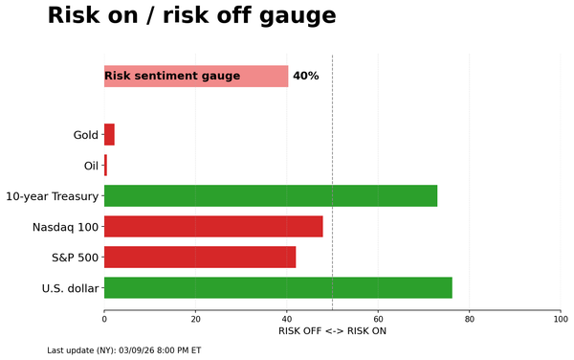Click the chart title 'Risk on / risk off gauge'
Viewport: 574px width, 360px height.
pos(191,16)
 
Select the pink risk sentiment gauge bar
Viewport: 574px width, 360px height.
pos(196,76)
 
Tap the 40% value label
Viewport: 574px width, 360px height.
pos(305,76)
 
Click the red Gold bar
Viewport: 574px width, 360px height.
pos(109,135)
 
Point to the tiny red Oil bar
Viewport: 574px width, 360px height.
pos(105,166)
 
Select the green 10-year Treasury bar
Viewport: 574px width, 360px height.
pos(271,196)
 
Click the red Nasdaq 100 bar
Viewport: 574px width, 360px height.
pos(213,227)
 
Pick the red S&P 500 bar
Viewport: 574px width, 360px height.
pos(200,258)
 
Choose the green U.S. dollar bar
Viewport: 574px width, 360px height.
pos(277,288)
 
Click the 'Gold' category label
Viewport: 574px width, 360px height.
pos(85,135)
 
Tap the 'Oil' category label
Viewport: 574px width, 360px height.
pos(91,166)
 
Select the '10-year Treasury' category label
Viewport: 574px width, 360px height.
pos(52,196)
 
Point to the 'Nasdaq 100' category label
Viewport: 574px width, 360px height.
pos(65,227)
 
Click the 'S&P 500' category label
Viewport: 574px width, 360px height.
pos(75,258)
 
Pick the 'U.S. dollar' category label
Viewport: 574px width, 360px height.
pos(70,288)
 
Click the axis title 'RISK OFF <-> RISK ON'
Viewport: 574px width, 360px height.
pos(332,331)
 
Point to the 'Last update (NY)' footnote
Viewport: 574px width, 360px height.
pos(123,350)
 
